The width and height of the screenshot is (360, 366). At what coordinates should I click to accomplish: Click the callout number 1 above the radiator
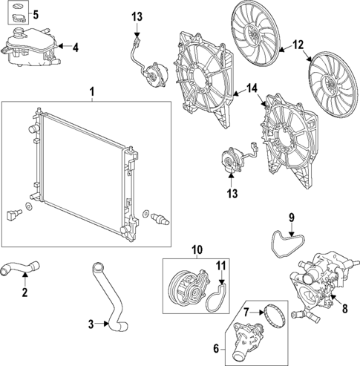coord(92,92)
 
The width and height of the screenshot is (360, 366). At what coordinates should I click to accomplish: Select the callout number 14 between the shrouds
coord(252,89)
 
